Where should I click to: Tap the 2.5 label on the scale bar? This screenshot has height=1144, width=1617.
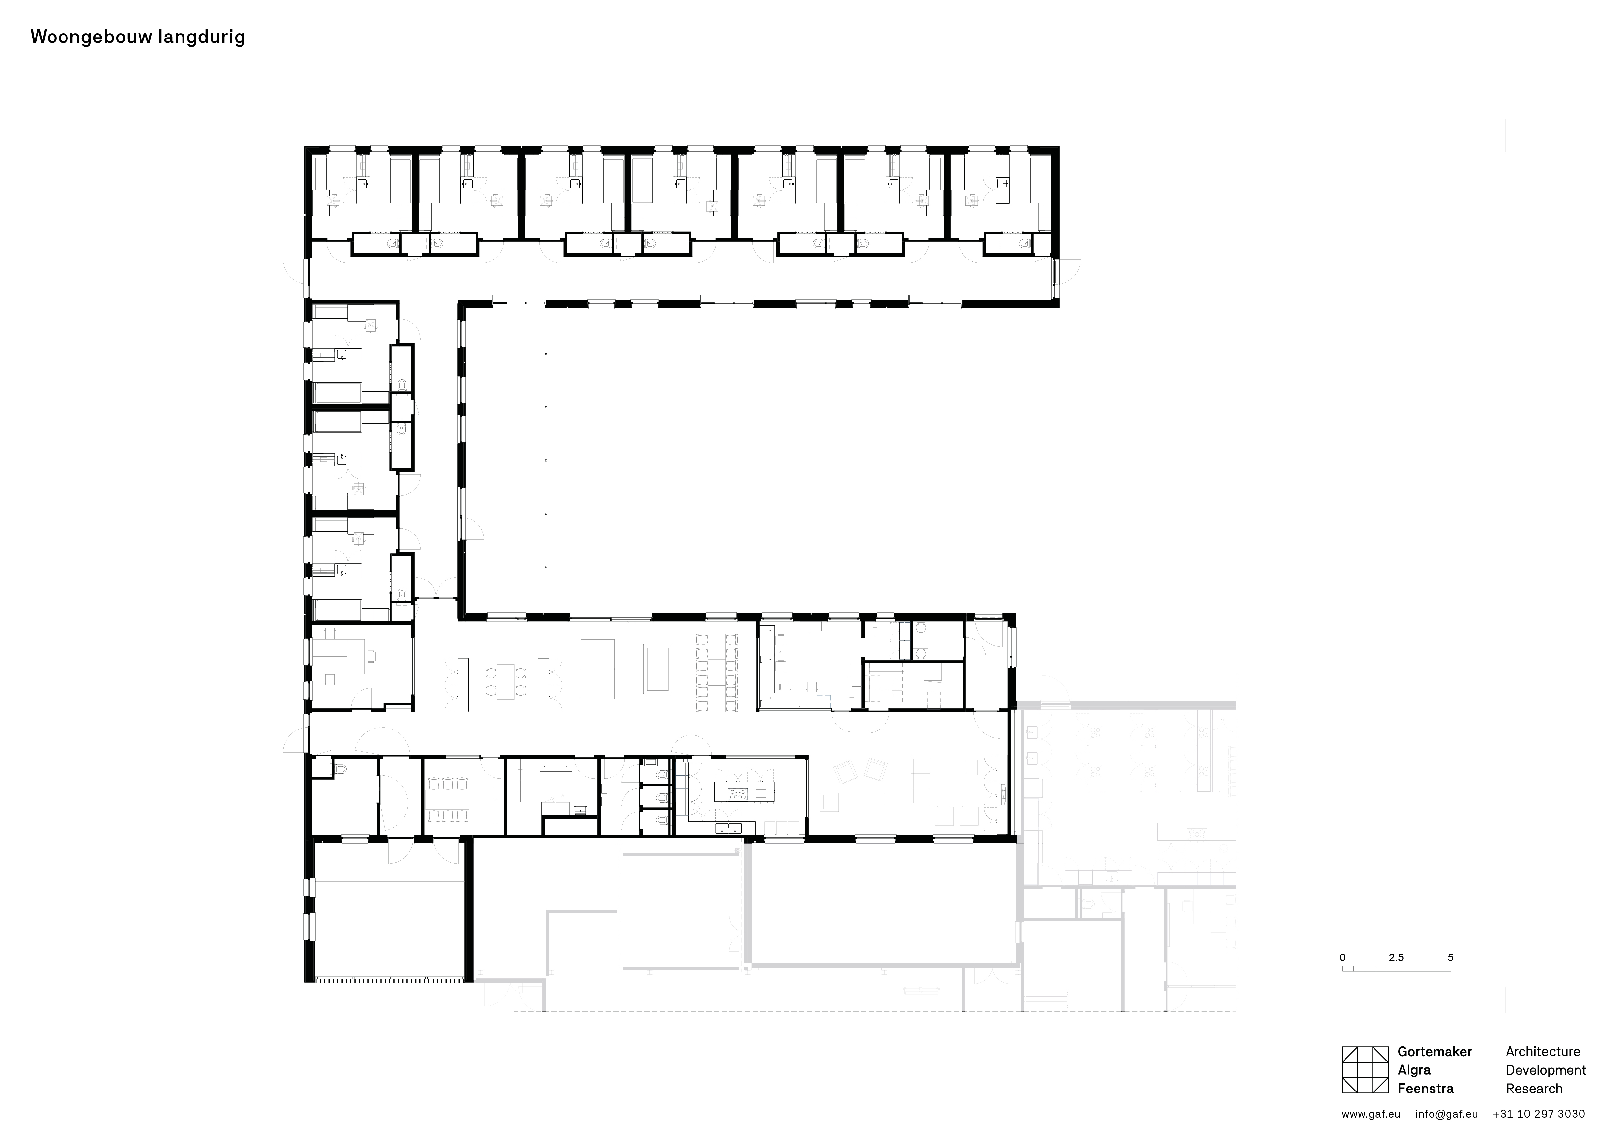pos(1396,957)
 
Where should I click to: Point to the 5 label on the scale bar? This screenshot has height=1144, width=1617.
pos(1450,957)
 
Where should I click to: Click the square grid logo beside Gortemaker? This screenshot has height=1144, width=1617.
pos(1364,1070)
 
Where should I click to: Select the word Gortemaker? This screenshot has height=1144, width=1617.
pos(1434,1052)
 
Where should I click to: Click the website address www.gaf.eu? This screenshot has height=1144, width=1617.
pos(1371,1114)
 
